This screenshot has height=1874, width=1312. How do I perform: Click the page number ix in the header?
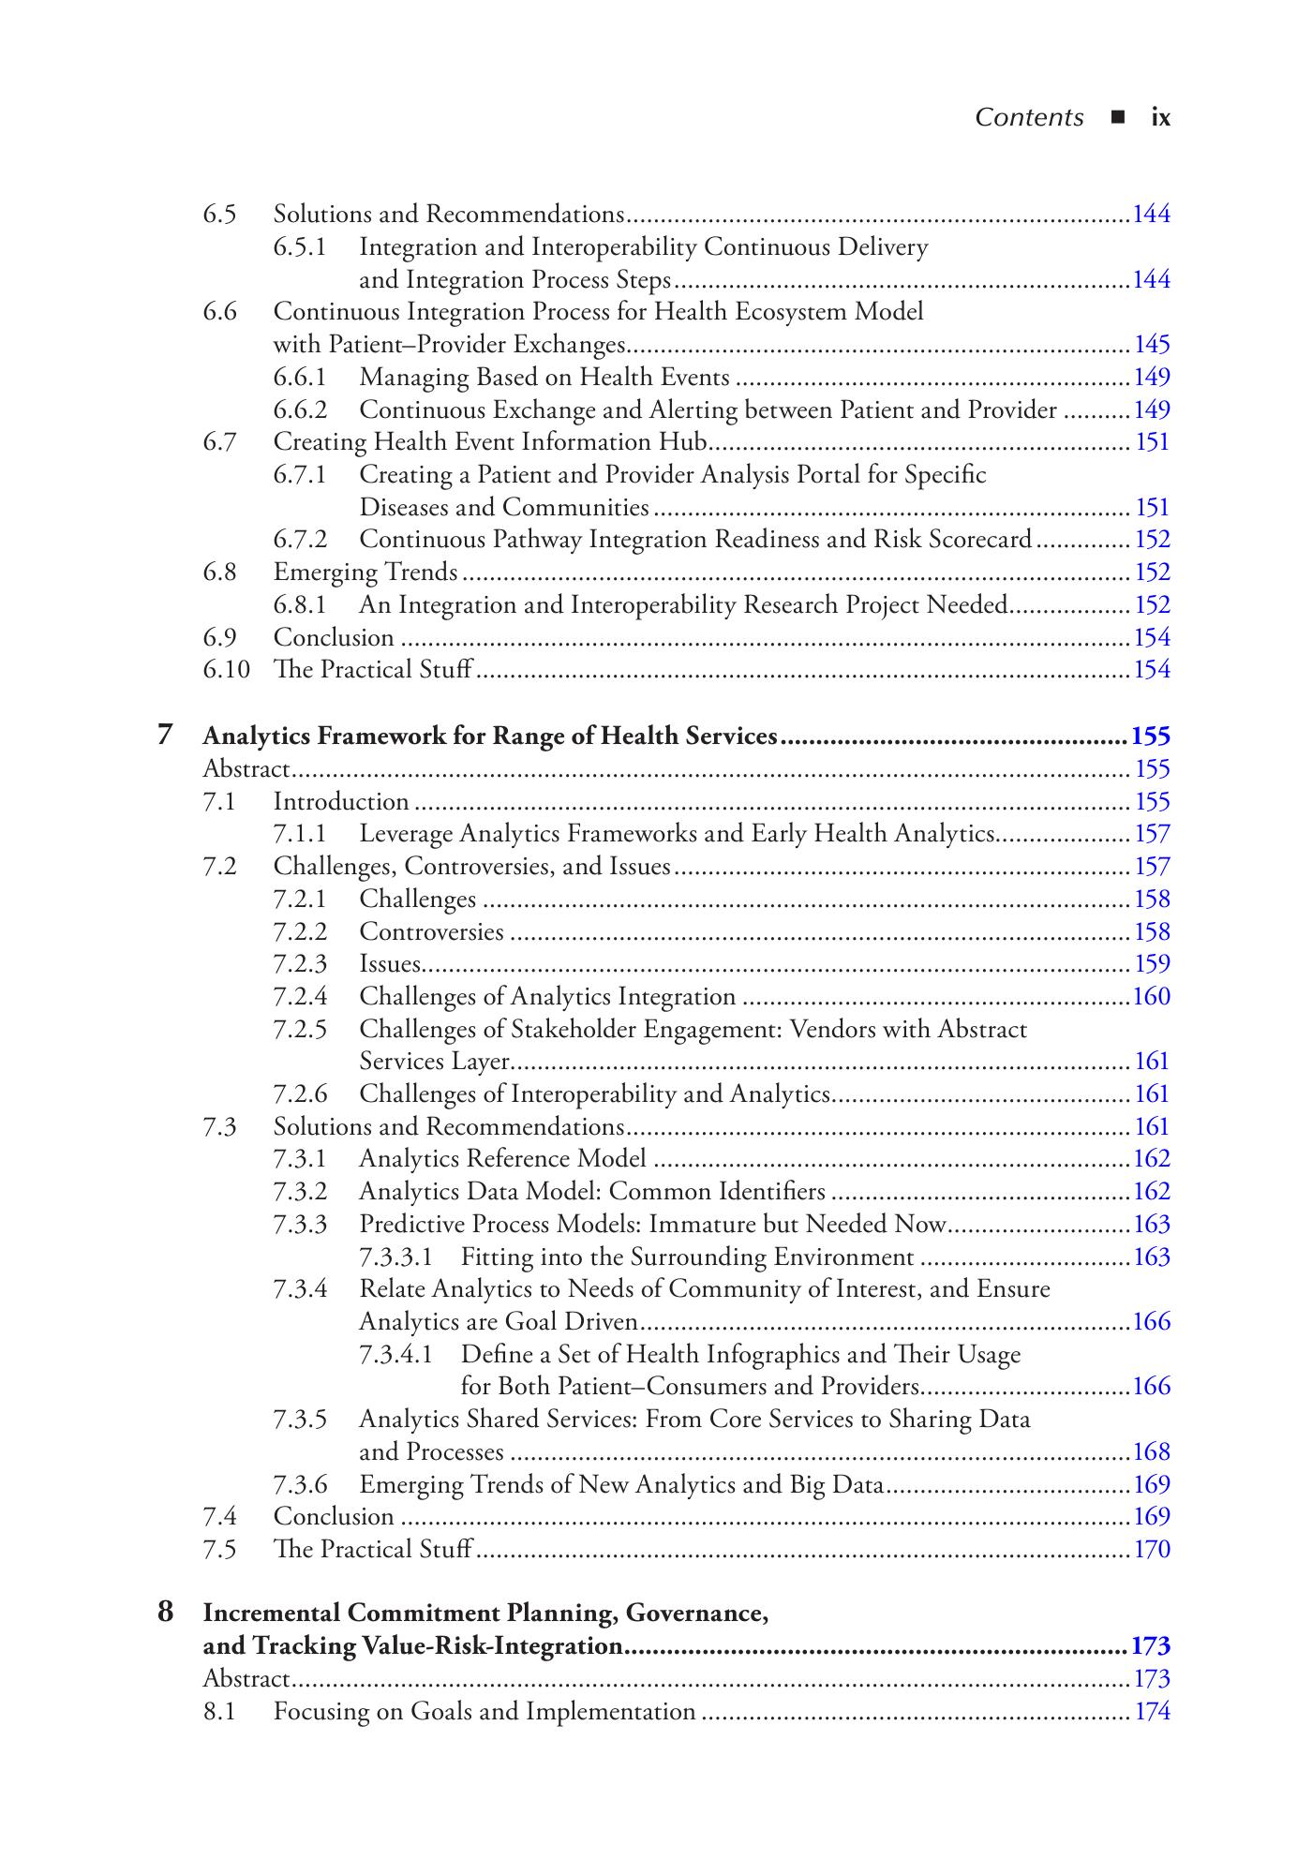coord(1160,118)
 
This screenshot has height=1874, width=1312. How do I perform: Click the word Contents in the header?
coord(1029,118)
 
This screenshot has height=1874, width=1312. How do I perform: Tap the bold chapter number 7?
coord(165,735)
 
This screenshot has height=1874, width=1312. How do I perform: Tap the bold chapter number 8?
coord(165,1613)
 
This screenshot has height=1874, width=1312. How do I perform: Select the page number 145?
coord(1152,345)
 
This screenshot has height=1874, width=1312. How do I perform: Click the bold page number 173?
coord(1151,1646)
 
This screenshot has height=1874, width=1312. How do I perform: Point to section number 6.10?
coord(226,670)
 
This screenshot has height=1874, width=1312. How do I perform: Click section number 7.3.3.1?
coord(396,1257)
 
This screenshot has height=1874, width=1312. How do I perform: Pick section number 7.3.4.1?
coord(396,1354)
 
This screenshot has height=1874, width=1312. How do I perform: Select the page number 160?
coord(1152,996)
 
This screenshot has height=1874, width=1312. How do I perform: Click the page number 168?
coord(1152,1451)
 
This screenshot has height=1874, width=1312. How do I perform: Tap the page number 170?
coord(1152,1549)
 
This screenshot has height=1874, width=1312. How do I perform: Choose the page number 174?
coord(1153,1712)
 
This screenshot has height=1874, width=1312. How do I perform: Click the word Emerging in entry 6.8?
coord(318,573)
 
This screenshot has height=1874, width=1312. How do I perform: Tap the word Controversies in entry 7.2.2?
coord(431,931)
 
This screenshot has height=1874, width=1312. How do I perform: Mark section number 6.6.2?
coord(300,409)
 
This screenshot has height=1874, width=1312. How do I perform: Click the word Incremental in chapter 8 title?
coord(272,1613)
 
